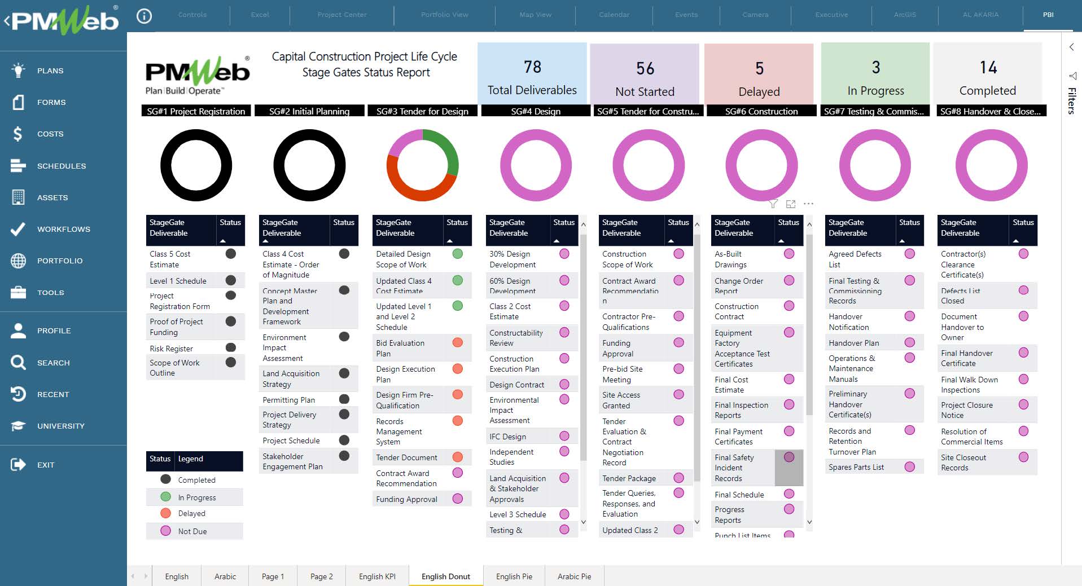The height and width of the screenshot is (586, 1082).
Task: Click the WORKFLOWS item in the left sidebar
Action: coord(63,229)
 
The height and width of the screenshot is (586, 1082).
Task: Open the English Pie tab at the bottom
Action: coord(514,576)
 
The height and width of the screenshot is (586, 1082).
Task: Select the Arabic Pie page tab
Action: coord(574,576)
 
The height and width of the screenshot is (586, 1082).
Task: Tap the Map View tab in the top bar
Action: coord(535,15)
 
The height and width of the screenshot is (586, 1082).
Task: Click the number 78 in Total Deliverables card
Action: coord(532,67)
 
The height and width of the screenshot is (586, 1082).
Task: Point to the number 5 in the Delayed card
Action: coord(759,69)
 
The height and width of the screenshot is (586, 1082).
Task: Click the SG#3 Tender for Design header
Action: coord(422,111)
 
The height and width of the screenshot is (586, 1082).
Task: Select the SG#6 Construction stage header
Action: coord(761,111)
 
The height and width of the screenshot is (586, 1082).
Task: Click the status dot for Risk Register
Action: coord(230,347)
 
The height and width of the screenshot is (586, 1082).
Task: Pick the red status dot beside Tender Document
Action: coord(458,457)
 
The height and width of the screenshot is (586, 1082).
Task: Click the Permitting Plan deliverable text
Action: coord(288,400)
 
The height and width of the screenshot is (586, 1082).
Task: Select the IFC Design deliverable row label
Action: coord(507,437)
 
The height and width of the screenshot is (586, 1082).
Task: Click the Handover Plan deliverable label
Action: coord(853,343)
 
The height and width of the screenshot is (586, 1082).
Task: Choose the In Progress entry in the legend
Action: coord(196,497)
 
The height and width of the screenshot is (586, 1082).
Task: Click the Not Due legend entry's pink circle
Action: coord(165,531)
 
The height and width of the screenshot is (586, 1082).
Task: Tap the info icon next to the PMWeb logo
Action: coord(144,16)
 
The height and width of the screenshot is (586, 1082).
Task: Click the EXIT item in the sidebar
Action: coord(45,465)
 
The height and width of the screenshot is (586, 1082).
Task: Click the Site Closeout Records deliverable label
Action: coord(963,462)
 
